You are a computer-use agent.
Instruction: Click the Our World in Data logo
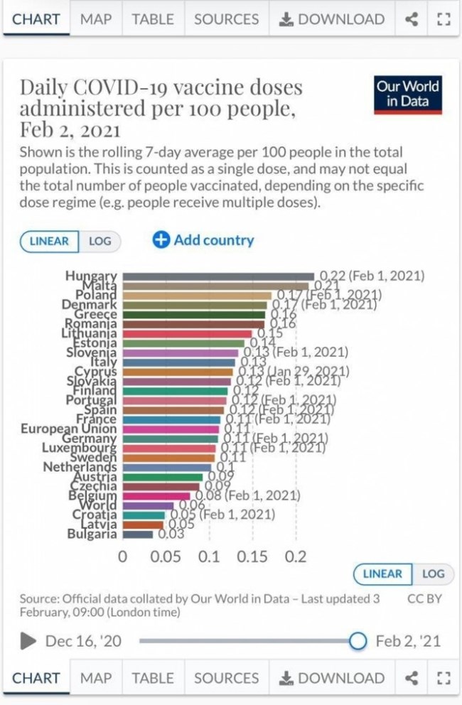coord(408,95)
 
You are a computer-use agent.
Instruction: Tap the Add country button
coord(203,240)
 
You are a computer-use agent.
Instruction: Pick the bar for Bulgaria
coord(138,534)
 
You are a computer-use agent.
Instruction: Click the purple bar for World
coord(148,505)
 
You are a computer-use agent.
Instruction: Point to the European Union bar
coord(171,429)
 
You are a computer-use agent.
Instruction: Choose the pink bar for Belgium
coord(156,495)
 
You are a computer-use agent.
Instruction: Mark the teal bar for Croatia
coord(144,515)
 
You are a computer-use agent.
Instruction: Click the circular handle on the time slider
coord(358,641)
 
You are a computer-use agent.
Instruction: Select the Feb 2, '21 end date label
coord(408,641)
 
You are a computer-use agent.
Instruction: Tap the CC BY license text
coord(424,598)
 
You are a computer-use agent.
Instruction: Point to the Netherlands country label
coord(80,467)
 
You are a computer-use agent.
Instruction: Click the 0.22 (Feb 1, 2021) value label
coord(372,276)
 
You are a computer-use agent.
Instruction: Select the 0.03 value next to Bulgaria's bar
coord(171,534)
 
